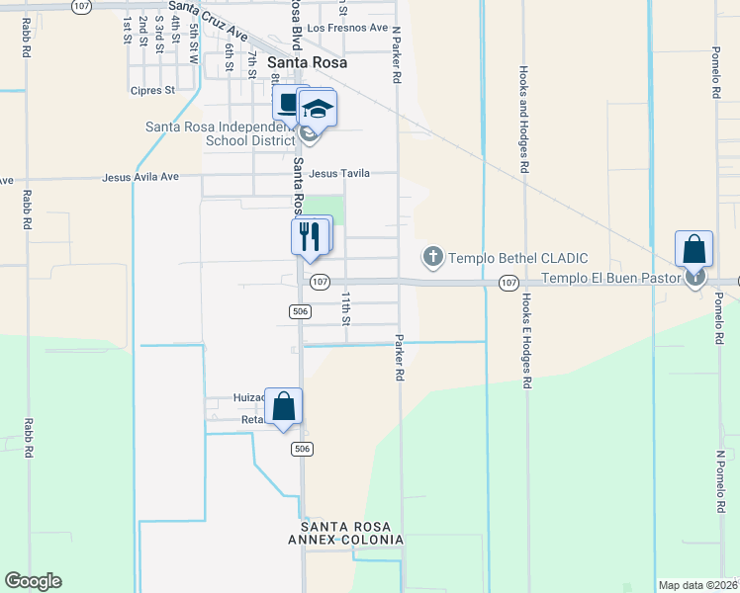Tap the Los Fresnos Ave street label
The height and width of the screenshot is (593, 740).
(x=348, y=28)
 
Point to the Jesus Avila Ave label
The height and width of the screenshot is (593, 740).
(x=140, y=178)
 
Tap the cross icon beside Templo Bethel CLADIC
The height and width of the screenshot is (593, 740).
(x=432, y=257)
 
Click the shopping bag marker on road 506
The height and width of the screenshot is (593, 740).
(x=284, y=405)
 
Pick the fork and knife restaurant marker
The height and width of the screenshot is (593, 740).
(x=309, y=236)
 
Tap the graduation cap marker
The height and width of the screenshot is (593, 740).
(x=319, y=108)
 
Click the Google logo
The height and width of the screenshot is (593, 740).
(x=33, y=581)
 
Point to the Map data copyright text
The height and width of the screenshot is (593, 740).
(x=698, y=585)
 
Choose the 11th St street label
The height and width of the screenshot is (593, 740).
(x=346, y=307)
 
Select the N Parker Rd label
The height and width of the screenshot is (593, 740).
(x=397, y=55)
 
